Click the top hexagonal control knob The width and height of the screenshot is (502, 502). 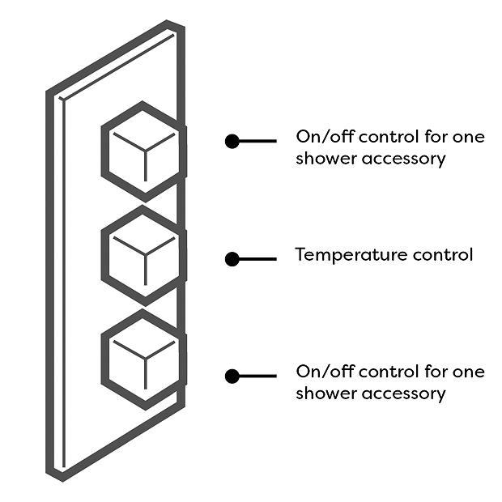(x=143, y=151)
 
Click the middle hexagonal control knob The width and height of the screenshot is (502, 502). (x=143, y=256)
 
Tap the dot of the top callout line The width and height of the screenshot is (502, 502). (x=232, y=141)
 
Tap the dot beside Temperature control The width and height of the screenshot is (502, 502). (x=232, y=259)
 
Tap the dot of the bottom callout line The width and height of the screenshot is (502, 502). (x=232, y=376)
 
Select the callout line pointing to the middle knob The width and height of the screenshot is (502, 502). (x=258, y=259)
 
